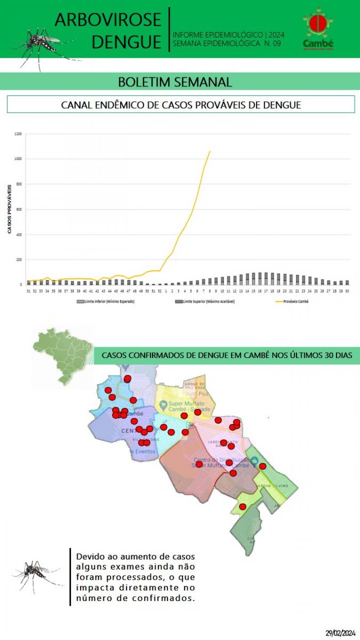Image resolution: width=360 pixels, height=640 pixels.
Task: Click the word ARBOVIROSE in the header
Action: [x=108, y=20]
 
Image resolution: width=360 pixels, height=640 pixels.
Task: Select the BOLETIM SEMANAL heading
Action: [x=175, y=82]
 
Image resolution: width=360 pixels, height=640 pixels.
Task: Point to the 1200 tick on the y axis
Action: [x=19, y=134]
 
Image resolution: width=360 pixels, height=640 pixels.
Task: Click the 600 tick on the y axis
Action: [x=19, y=210]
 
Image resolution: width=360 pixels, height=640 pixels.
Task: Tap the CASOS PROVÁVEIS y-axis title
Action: [x=10, y=209]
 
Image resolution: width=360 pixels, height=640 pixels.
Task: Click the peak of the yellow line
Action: [x=210, y=151]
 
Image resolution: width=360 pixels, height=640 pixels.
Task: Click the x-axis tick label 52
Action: [x=160, y=291]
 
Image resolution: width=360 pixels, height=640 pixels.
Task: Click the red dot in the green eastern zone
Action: [x=262, y=466]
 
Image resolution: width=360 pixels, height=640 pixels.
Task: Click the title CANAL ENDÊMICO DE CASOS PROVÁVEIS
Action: [x=181, y=105]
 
